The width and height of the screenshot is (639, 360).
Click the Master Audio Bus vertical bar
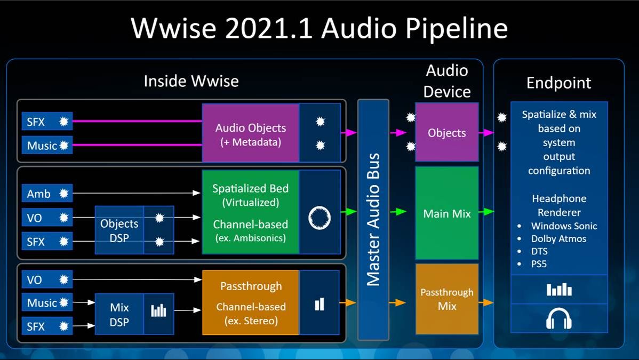[x=373, y=219]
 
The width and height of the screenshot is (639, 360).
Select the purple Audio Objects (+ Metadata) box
[x=250, y=133]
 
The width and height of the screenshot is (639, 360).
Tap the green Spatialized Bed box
[x=250, y=212]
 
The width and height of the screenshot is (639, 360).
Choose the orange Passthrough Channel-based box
[x=250, y=302]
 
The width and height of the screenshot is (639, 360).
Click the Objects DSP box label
[x=119, y=230]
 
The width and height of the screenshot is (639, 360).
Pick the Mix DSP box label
[x=119, y=315]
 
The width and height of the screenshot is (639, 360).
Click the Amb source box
[x=46, y=194]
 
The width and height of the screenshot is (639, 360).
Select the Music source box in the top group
[x=46, y=145]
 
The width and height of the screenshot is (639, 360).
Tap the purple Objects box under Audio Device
[x=446, y=133]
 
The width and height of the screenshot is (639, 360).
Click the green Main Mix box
[x=446, y=213]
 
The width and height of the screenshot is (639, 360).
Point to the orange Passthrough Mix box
[x=446, y=299]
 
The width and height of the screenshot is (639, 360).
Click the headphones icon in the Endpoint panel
[x=558, y=319]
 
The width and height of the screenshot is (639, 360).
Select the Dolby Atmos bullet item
[x=558, y=239]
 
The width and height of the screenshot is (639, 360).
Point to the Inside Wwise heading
[x=191, y=81]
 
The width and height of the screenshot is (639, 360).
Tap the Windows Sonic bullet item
[x=564, y=226]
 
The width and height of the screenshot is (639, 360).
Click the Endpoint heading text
[x=558, y=83]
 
